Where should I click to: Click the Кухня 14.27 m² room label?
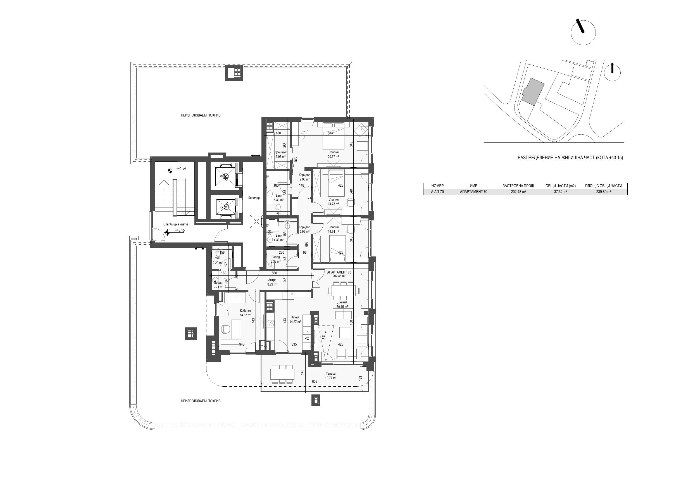[295, 319]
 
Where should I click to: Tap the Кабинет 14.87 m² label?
[246, 313]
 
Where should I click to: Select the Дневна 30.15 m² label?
[342, 304]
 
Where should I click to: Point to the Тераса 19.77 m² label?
[331, 375]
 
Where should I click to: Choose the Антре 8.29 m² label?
[272, 282]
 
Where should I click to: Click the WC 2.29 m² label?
[217, 261]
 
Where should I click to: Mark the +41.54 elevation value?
[181, 168]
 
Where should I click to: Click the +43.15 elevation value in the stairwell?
[180, 230]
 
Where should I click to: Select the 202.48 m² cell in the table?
[518, 192]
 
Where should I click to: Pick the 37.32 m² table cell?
[561, 192]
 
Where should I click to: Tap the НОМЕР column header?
[437, 186]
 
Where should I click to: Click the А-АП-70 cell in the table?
[437, 192]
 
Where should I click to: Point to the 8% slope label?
[323, 337]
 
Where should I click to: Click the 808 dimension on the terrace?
[315, 382]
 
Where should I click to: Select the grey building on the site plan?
[533, 92]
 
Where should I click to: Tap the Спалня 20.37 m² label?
[334, 154]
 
